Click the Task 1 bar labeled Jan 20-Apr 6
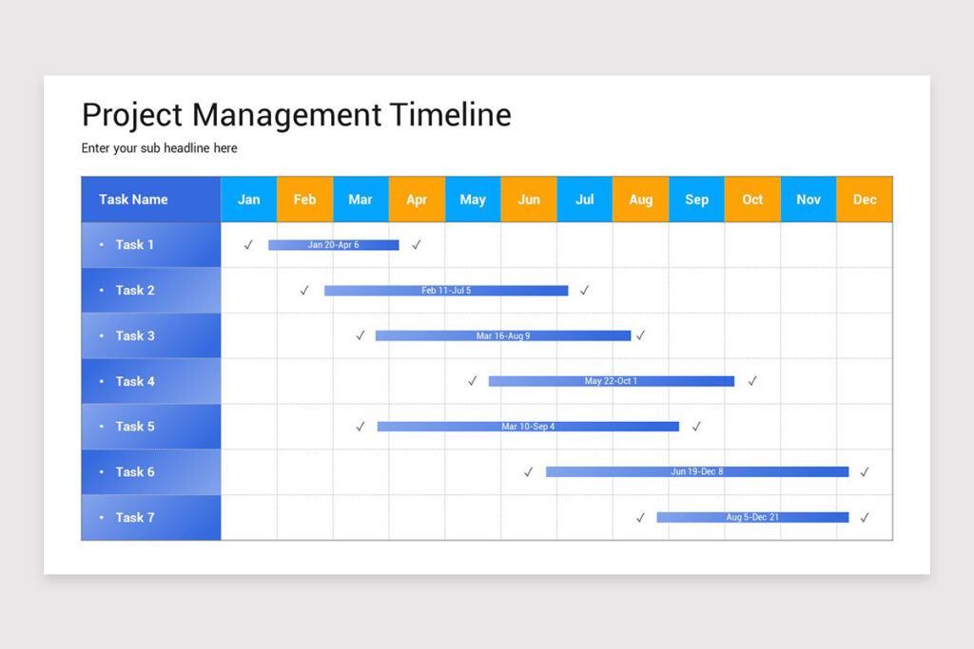click(333, 245)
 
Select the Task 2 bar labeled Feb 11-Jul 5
click(446, 291)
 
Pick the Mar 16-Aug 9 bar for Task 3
click(503, 335)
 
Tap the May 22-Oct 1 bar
click(611, 381)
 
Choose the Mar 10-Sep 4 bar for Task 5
click(528, 427)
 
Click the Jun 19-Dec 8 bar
click(697, 471)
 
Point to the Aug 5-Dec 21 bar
click(752, 517)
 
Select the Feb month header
click(304, 200)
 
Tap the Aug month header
click(641, 200)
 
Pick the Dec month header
click(865, 200)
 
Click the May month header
click(473, 200)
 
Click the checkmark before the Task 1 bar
click(248, 245)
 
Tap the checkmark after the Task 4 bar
click(752, 381)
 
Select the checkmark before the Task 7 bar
click(640, 518)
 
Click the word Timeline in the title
click(451, 115)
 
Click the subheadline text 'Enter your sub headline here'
click(160, 148)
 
